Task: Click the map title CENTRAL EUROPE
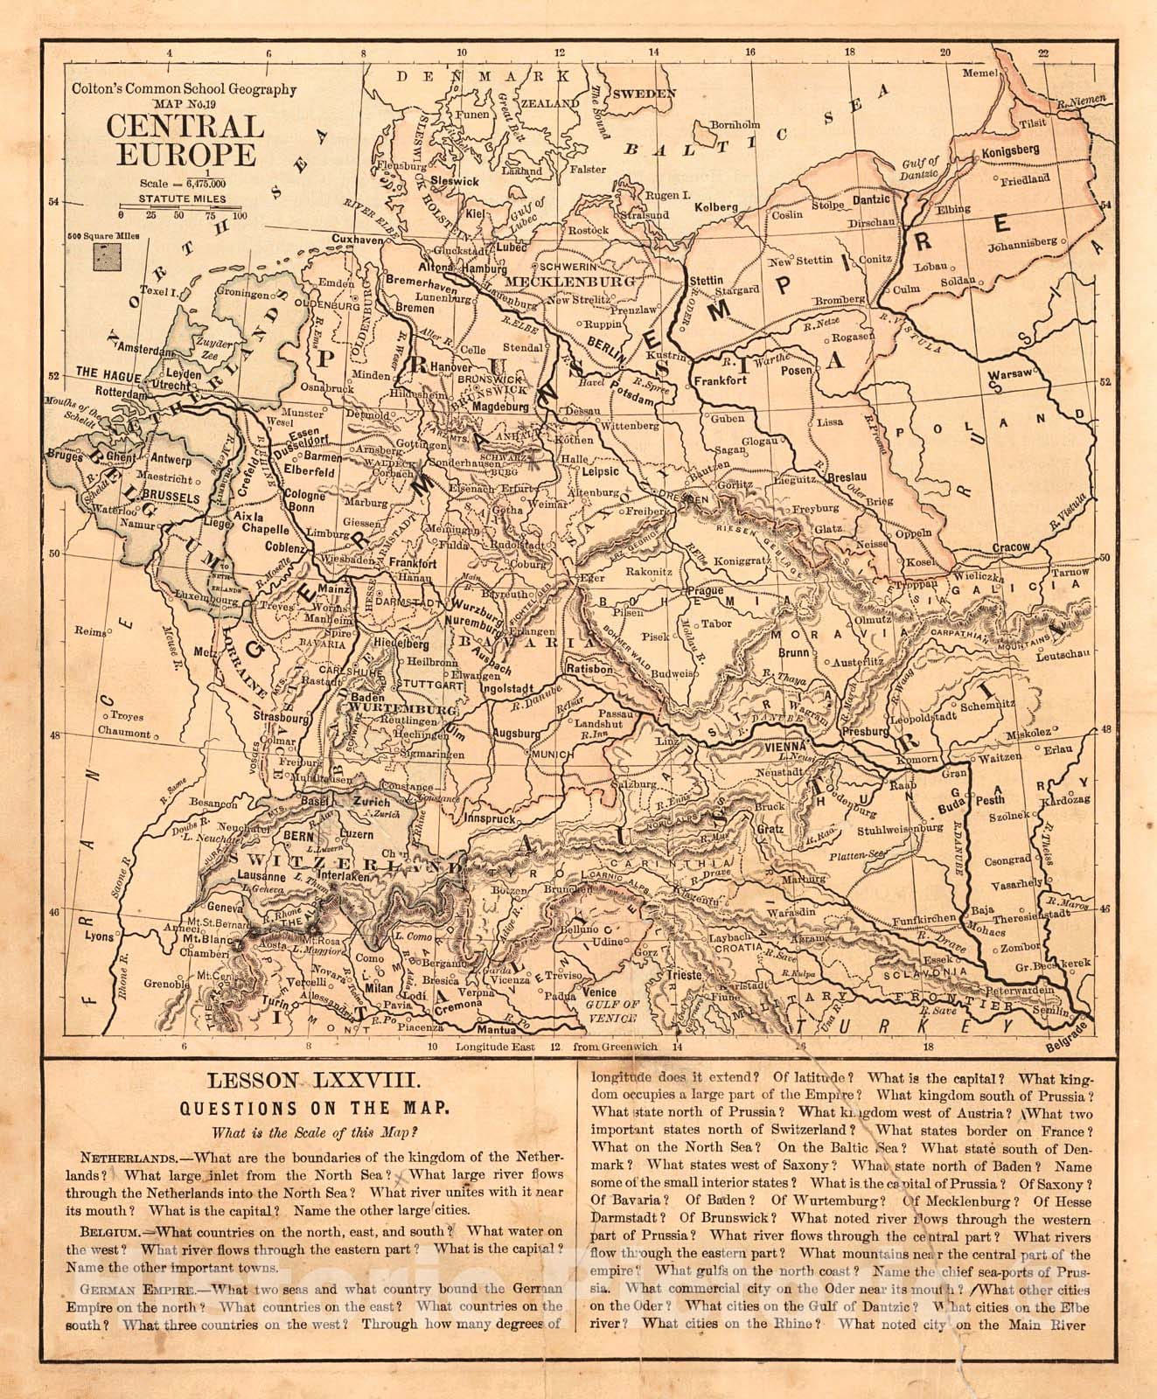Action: click(185, 140)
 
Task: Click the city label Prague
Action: click(707, 591)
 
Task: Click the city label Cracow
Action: click(1010, 546)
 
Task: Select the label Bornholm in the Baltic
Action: click(727, 124)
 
